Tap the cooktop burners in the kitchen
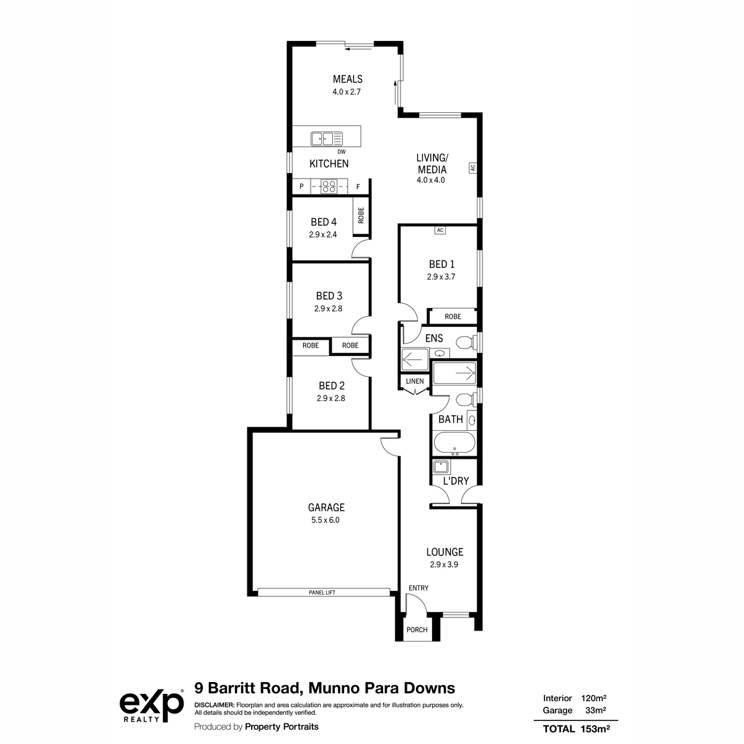click(329, 187)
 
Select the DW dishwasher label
click(341, 152)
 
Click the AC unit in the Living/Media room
click(473, 168)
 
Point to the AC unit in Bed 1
click(440, 230)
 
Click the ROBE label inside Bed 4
click(361, 215)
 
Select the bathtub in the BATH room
click(454, 443)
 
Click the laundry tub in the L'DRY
click(441, 467)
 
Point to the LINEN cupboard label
click(415, 381)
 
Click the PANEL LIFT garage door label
click(322, 592)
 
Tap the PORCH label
click(417, 630)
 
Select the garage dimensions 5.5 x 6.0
click(325, 520)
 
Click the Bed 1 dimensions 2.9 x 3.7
click(441, 277)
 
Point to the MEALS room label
click(347, 79)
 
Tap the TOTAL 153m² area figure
click(576, 729)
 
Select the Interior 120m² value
click(593, 698)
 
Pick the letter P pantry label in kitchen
click(301, 187)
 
